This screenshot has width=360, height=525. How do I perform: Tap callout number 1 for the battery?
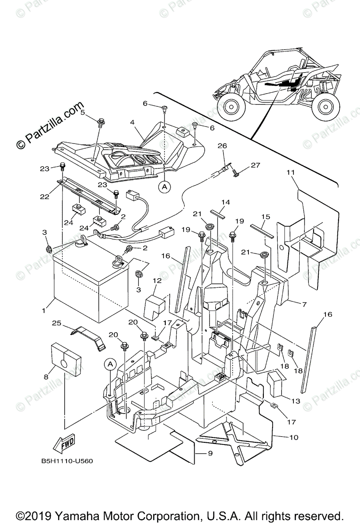tap(44, 311)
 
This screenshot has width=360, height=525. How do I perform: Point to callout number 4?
tap(132, 122)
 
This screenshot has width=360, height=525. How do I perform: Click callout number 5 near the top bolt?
tap(82, 112)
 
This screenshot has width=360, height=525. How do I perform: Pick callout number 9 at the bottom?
tap(210, 454)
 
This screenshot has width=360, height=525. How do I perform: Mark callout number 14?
tap(225, 202)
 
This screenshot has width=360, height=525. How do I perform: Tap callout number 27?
tap(255, 165)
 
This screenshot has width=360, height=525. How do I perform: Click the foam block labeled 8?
tap(66, 358)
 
